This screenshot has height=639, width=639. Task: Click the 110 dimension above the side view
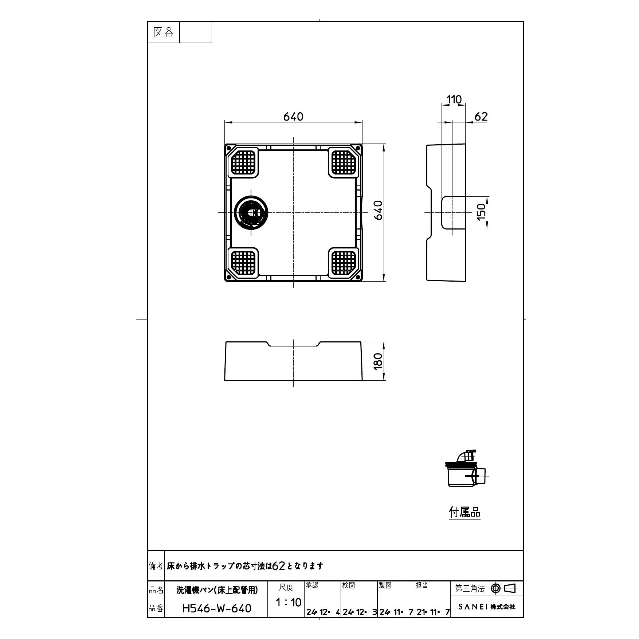(x=454, y=99)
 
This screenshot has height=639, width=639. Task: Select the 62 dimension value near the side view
(x=481, y=117)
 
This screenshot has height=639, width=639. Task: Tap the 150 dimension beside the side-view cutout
(x=482, y=212)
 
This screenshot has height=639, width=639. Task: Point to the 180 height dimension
(x=378, y=361)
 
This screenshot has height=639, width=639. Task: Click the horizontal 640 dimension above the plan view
(x=293, y=117)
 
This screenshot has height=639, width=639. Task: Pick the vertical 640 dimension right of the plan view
(x=378, y=210)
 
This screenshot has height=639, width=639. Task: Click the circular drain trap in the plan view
(x=251, y=213)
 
